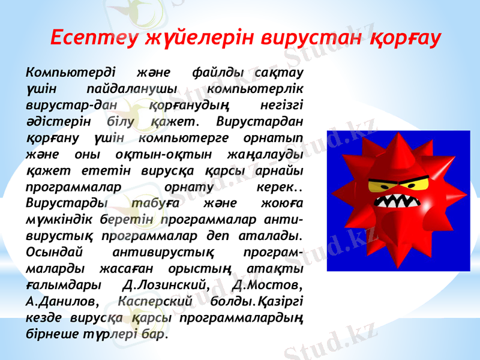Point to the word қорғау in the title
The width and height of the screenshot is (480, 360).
tap(405, 38)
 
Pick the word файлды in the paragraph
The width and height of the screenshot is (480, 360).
tap(218, 73)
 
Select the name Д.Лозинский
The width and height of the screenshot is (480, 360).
tap(166, 283)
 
